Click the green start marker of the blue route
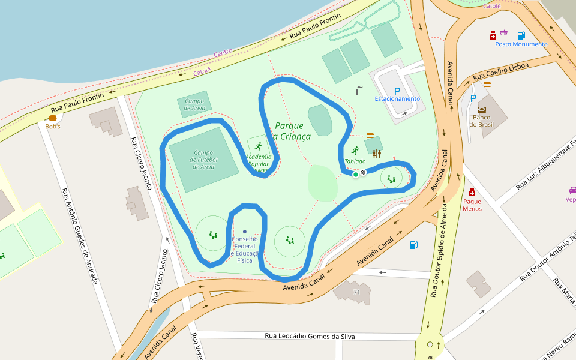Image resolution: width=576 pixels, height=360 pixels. click(x=355, y=175)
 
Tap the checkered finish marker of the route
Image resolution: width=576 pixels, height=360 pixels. click(x=363, y=173)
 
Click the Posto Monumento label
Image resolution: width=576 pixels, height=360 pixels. click(x=521, y=44)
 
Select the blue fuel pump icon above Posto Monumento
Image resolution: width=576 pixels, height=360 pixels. click(x=521, y=35)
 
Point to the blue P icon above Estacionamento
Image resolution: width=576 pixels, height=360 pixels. click(x=397, y=91)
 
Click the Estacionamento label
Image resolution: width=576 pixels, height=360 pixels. click(x=397, y=99)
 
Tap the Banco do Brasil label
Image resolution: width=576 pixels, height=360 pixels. click(x=481, y=121)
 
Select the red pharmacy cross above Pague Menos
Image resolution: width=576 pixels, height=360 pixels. click(x=472, y=192)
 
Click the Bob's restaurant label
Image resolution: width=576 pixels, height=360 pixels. click(x=53, y=127)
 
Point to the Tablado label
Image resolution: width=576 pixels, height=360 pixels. click(x=355, y=161)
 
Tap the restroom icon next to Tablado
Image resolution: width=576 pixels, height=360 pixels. click(x=376, y=154)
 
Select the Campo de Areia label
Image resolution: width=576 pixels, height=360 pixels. click(x=195, y=104)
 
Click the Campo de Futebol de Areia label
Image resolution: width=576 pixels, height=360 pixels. click(x=205, y=160)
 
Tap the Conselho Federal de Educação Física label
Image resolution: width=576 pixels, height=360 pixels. click(x=245, y=250)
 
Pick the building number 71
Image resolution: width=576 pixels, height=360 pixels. click(x=356, y=292)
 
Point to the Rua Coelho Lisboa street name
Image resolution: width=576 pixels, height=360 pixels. click(x=500, y=71)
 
